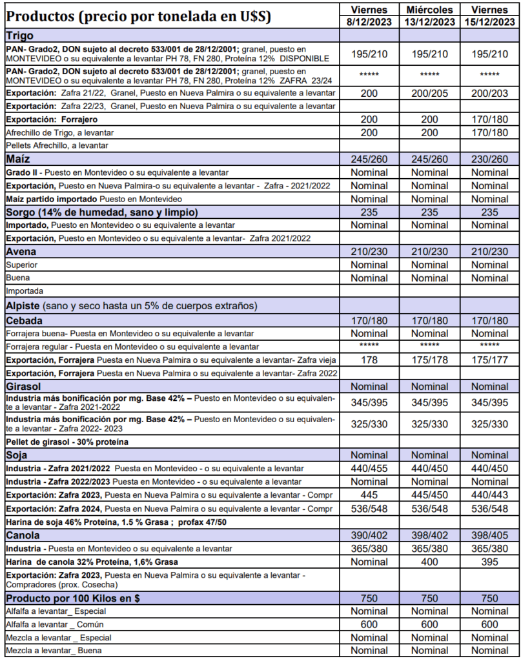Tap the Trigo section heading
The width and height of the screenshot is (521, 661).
20,36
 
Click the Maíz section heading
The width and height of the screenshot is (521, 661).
19,159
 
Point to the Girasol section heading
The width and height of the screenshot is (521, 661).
25,386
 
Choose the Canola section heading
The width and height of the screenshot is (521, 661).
24,535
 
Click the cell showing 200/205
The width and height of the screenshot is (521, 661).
430,93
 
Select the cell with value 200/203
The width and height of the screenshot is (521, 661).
489,93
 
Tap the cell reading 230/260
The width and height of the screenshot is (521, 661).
489,159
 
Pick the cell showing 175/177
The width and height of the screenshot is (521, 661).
489,360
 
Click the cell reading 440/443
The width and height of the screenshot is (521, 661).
489,495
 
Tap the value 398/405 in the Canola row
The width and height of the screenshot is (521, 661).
489,535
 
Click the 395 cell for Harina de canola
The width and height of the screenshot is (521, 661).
489,562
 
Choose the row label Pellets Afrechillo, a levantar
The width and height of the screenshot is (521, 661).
57,145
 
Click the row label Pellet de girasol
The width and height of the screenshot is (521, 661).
67,442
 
